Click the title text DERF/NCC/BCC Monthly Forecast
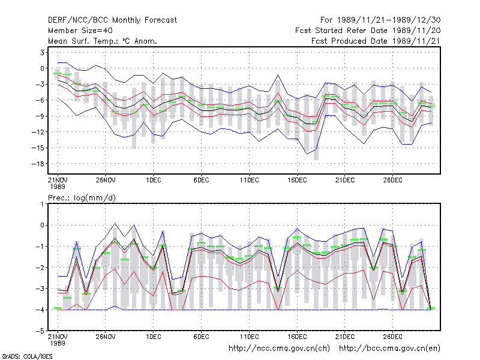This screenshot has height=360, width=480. (x=112, y=20)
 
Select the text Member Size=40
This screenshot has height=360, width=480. (x=80, y=31)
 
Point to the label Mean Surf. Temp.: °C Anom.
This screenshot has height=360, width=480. (x=103, y=41)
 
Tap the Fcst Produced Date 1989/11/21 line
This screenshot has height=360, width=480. (x=376, y=41)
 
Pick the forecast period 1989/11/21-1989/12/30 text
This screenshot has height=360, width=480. (x=380, y=20)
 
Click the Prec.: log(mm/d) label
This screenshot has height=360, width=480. (x=82, y=198)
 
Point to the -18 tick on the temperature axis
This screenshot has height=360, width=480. (x=38, y=164)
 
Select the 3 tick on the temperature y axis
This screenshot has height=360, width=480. (x=42, y=52)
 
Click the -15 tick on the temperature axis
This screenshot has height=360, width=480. (x=38, y=148)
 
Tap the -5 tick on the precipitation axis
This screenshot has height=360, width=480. (x=40, y=331)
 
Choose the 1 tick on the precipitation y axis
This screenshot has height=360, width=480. (x=43, y=204)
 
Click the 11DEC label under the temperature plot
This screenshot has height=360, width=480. (x=249, y=180)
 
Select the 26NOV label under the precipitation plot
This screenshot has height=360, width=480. (x=106, y=337)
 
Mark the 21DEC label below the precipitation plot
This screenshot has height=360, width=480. (x=345, y=337)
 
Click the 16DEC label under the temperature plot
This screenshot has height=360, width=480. (x=297, y=180)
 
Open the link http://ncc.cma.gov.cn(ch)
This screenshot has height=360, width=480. (x=279, y=349)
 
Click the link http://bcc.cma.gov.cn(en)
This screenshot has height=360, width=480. (x=389, y=349)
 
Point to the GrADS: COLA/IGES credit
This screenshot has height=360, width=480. (x=27, y=356)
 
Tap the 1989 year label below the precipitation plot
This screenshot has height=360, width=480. (x=58, y=343)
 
